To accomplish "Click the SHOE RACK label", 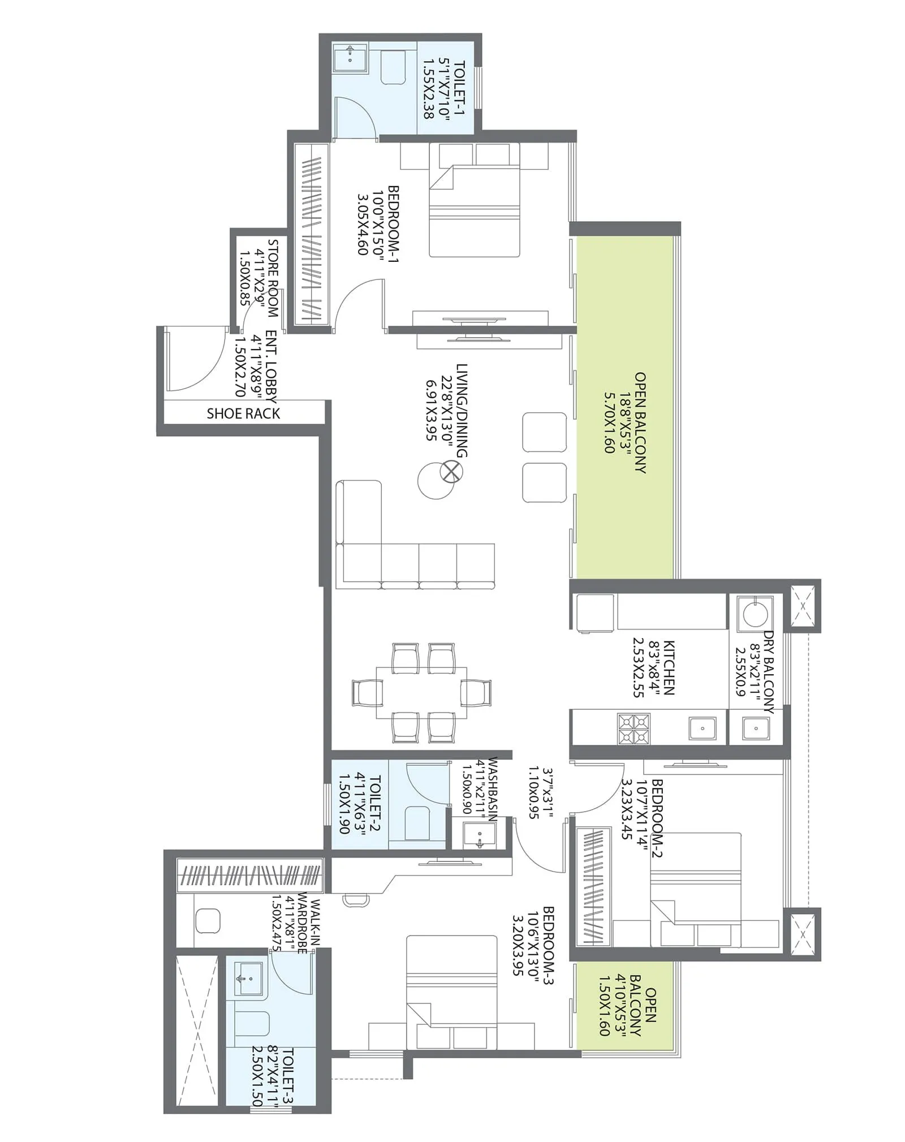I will (x=243, y=413).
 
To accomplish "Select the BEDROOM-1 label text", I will (x=394, y=220).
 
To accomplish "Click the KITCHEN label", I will (x=669, y=667).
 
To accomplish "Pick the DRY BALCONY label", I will (x=768, y=672).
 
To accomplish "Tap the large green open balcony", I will (x=624, y=407).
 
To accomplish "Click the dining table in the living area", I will (x=421, y=692).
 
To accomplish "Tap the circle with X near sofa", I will (x=451, y=471).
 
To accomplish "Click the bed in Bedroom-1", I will (x=474, y=210).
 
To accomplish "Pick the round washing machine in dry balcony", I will (x=755, y=613).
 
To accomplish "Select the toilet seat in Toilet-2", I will (x=417, y=822).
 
